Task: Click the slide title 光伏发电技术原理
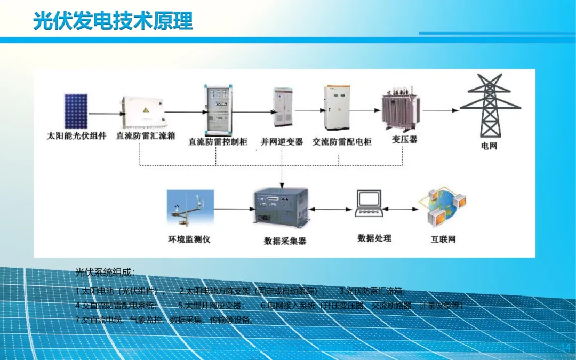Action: tap(113, 22)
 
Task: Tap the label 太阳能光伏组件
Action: tap(77, 135)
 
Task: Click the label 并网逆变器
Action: tap(282, 141)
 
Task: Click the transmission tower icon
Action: tap(490, 106)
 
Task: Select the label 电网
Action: tap(489, 146)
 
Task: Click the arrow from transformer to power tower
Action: tap(441, 110)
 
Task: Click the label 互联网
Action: tap(443, 239)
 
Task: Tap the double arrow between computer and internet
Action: tap(403, 207)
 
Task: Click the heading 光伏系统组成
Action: tap(105, 273)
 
